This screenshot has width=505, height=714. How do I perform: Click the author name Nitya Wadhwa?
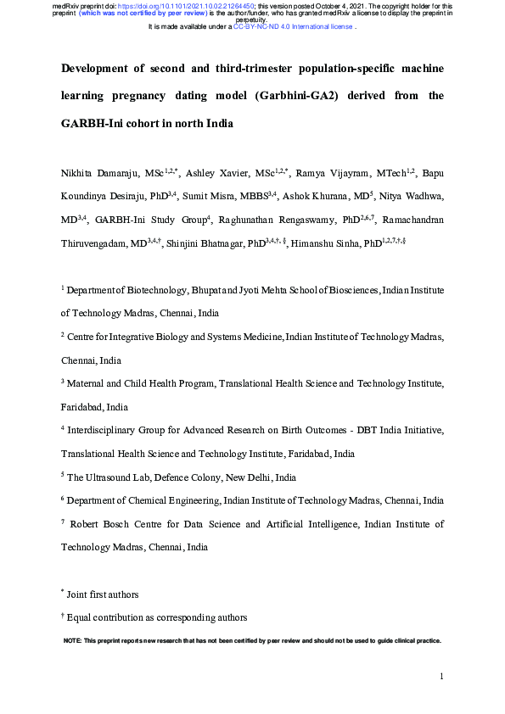click(412, 197)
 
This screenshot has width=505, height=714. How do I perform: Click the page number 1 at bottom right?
click(442, 676)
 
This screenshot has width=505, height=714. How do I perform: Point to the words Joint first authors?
click(104, 594)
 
